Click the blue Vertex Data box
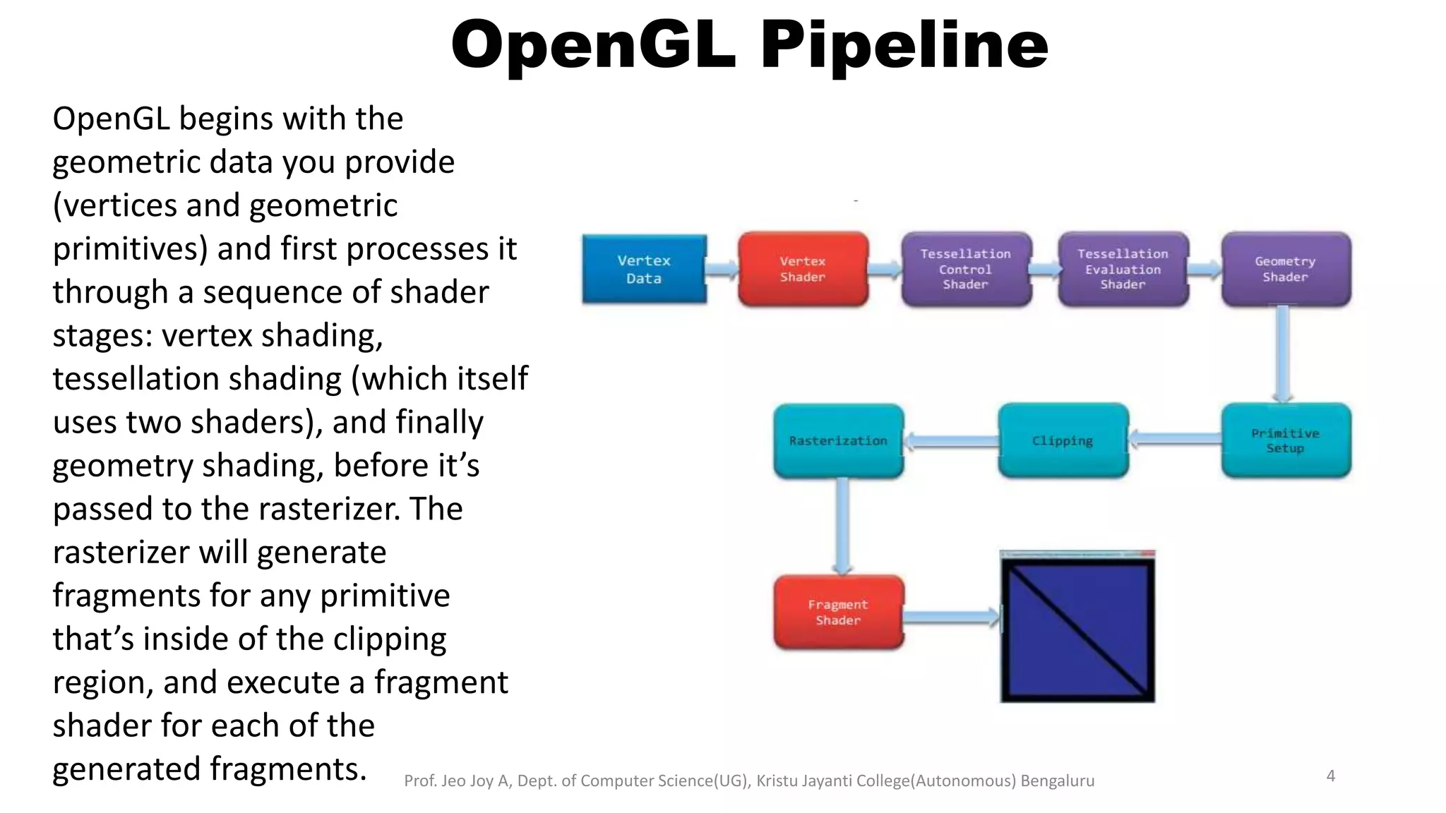(644, 269)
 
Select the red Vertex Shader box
(803, 269)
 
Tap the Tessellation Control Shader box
(966, 269)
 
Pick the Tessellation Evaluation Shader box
(1123, 269)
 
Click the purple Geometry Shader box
(1285, 269)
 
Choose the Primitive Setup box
(1285, 440)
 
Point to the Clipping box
(1063, 440)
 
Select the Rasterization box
(838, 440)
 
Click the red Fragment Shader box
(838, 612)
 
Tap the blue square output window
(1077, 627)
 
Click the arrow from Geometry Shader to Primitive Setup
(1283, 353)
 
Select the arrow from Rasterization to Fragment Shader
(842, 526)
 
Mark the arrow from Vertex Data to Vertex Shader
(722, 269)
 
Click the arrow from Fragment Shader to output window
(951, 618)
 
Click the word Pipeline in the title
(904, 45)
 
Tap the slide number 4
(1330, 776)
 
